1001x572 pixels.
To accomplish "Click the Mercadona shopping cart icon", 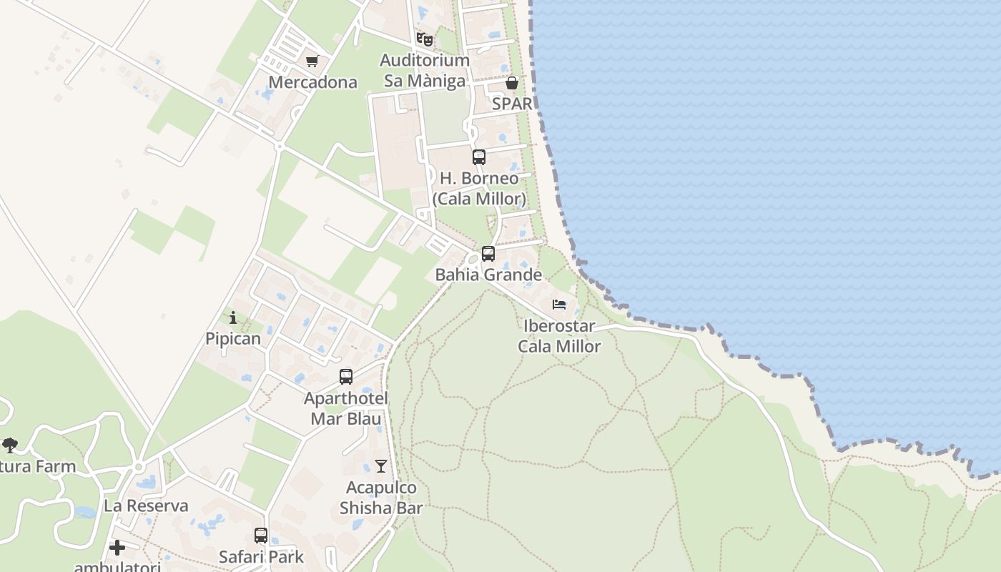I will point(312,61).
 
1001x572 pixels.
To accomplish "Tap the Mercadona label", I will point(312,82).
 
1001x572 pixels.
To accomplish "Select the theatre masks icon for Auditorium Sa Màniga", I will point(425,39).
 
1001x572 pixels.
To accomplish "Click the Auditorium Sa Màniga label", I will point(425,71).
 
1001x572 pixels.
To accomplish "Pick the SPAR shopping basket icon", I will point(512,83).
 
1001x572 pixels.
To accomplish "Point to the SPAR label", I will point(512,104).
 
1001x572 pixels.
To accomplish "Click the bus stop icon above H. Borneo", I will point(479,157).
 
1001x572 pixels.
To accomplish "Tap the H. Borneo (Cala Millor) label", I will point(479,188).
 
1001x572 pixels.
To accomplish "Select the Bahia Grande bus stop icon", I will point(488,254).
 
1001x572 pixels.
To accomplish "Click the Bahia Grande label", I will point(488,275).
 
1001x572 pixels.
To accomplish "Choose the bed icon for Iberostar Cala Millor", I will point(559,305).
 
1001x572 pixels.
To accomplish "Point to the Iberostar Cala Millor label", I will point(559,336).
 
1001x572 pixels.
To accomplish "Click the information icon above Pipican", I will point(233,318).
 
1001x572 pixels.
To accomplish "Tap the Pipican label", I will point(233,339).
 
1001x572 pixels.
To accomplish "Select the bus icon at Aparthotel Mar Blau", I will point(346,377).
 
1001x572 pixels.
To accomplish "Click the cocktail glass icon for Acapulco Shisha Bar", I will point(381,467).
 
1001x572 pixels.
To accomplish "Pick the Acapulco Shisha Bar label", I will point(381,498).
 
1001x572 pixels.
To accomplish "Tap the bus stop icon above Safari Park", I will point(261,536).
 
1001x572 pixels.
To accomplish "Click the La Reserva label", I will point(146,506).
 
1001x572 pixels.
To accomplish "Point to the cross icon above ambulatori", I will point(117,548).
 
